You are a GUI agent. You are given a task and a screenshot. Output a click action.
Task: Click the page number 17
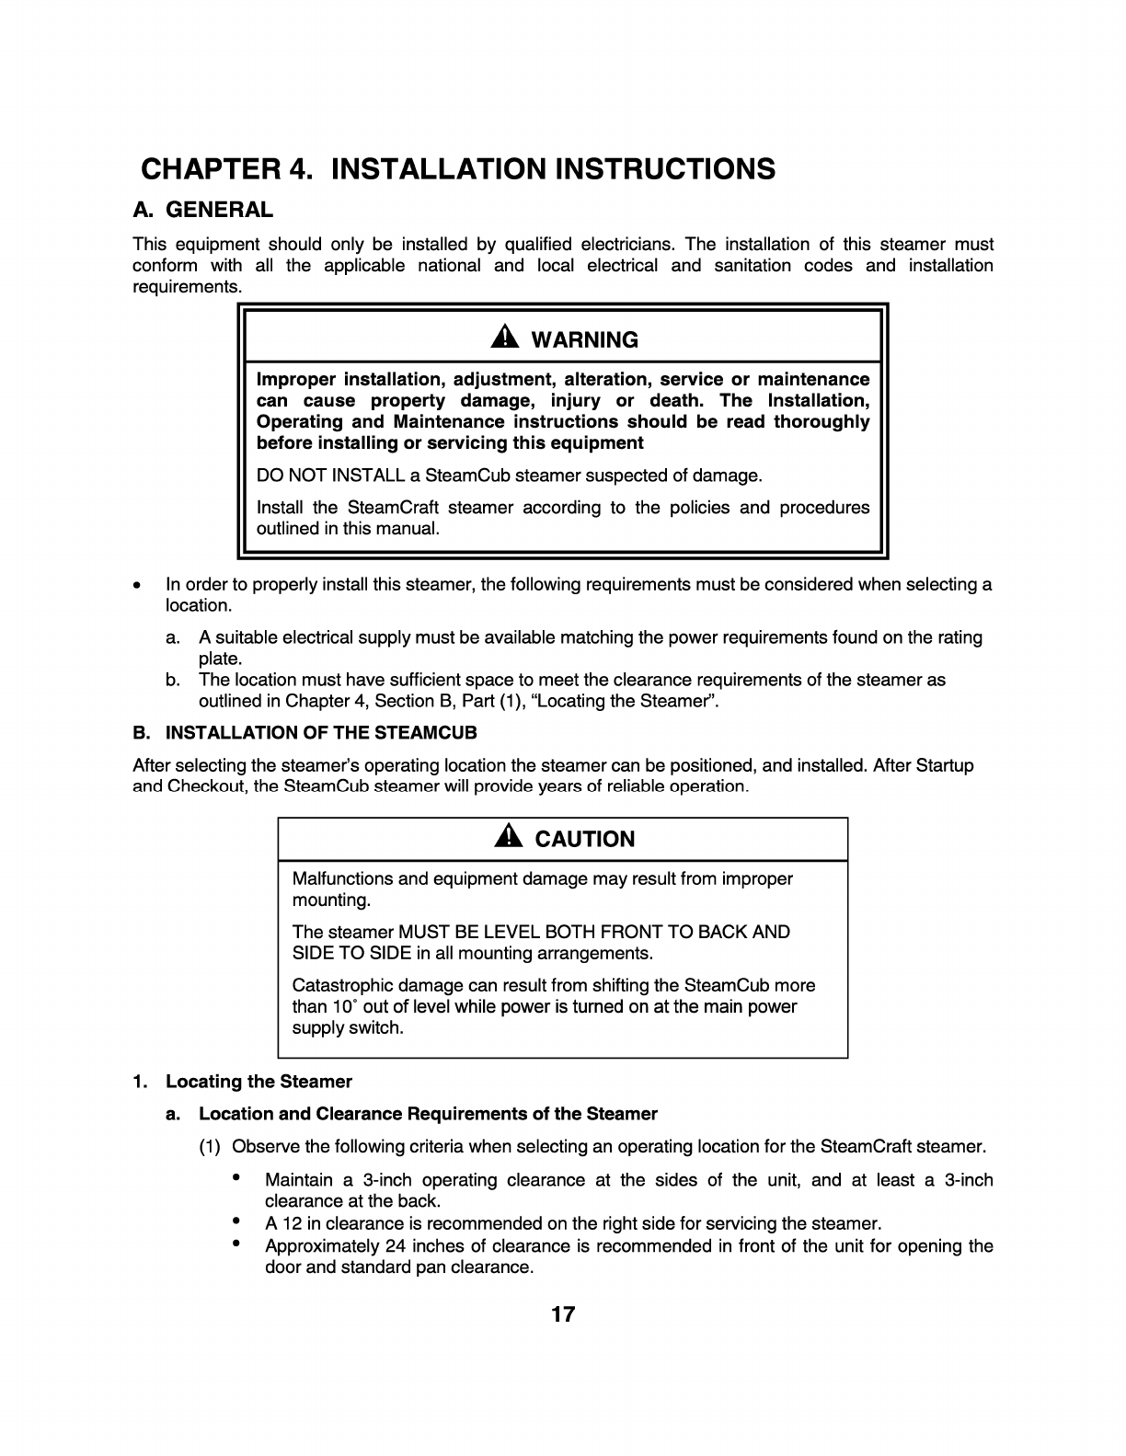(563, 1314)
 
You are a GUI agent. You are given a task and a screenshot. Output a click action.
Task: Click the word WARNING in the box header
(584, 340)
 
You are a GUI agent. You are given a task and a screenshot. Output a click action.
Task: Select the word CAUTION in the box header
(585, 839)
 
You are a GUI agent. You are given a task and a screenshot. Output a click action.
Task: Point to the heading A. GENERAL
(202, 210)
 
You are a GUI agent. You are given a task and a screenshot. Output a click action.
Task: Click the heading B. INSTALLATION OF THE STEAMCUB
(305, 733)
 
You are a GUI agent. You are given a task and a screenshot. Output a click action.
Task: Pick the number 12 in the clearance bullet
(293, 1224)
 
